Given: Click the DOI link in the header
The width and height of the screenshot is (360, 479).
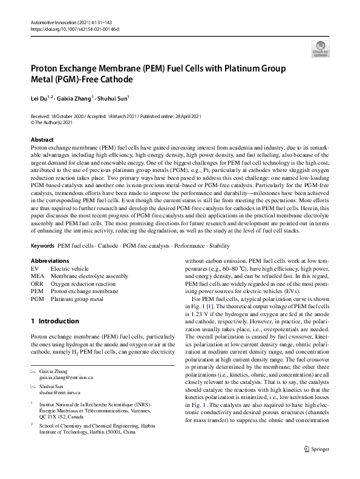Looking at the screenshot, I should [74, 28].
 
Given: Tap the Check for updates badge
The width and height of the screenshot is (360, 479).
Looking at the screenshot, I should [320, 49].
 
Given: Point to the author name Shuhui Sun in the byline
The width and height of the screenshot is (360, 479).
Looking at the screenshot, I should [114, 97].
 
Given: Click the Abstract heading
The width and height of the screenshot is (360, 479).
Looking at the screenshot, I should [42, 139].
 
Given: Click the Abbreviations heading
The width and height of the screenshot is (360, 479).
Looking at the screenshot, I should [50, 261].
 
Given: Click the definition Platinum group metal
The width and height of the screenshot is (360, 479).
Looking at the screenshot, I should [77, 299].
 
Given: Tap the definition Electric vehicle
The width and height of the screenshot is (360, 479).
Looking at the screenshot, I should [71, 268].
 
